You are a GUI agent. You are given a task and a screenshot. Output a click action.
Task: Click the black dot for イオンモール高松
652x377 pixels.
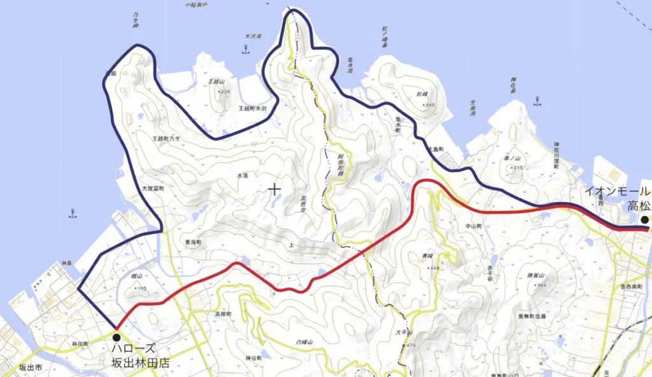(x=644, y=220)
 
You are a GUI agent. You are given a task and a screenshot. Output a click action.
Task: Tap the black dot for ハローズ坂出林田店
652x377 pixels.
(x=116, y=338)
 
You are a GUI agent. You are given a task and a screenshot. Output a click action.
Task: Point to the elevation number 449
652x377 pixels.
(x=435, y=268)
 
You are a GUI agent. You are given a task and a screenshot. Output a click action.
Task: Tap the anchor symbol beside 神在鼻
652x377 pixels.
(x=538, y=100)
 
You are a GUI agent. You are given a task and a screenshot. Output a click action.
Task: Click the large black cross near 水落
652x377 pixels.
(x=274, y=189)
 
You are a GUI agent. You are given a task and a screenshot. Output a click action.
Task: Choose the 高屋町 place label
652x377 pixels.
(x=222, y=314)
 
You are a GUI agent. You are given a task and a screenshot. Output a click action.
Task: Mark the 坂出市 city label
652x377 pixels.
(x=30, y=367)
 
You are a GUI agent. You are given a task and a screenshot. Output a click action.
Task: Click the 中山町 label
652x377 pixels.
(x=473, y=226)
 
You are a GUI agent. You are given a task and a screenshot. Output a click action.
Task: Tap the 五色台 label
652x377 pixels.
(x=304, y=204)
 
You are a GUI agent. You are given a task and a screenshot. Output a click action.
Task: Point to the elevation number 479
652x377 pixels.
(x=410, y=345)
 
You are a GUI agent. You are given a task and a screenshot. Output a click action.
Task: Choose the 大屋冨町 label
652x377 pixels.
(x=153, y=189)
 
